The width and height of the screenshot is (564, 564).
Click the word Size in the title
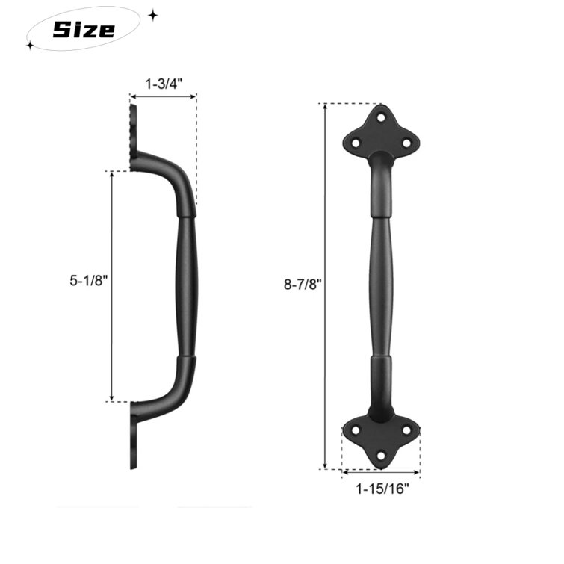(x=84, y=29)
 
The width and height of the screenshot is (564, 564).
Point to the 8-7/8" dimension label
(x=299, y=284)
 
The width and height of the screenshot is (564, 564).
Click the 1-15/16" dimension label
(x=382, y=489)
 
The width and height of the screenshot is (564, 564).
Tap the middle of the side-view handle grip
(x=187, y=288)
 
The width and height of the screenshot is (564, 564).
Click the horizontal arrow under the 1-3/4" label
(x=163, y=96)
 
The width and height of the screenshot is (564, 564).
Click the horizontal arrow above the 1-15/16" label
(x=381, y=473)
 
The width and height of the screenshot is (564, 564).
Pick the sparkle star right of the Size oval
(x=152, y=15)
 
